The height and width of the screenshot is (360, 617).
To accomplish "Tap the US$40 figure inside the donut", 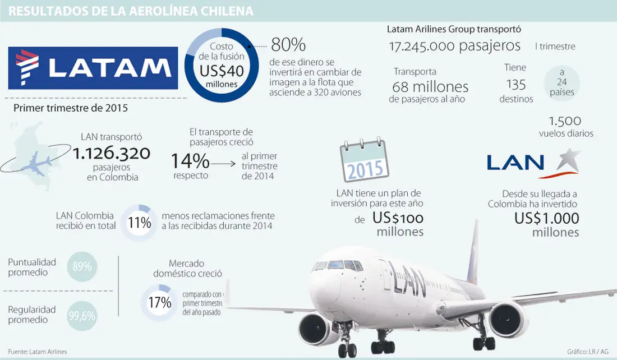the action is [x=222, y=71].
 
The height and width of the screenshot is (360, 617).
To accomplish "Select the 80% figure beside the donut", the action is [x=288, y=44].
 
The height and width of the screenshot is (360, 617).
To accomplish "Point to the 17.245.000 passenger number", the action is [x=421, y=47].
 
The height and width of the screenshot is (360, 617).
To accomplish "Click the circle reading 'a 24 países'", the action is [x=562, y=82].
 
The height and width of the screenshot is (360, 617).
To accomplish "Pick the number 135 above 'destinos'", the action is [x=515, y=85].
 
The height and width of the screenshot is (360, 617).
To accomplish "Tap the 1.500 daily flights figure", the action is [x=565, y=121].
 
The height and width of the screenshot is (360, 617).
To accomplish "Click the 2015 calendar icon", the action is [x=364, y=159].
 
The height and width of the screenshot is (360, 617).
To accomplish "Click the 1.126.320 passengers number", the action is [x=112, y=153].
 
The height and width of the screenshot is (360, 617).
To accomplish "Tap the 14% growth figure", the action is [x=190, y=160].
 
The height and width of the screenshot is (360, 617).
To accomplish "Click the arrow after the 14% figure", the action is [x=223, y=163].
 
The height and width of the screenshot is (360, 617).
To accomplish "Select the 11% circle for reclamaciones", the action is [x=139, y=223].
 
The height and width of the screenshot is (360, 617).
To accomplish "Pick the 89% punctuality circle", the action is [x=82, y=266].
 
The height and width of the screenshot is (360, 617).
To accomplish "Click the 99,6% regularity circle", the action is [x=82, y=316].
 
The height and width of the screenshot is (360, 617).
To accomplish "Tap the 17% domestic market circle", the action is [x=159, y=302].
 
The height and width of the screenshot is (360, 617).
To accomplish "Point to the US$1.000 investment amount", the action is [x=546, y=218].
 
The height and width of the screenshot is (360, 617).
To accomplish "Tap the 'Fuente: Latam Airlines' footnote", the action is [x=38, y=352].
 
